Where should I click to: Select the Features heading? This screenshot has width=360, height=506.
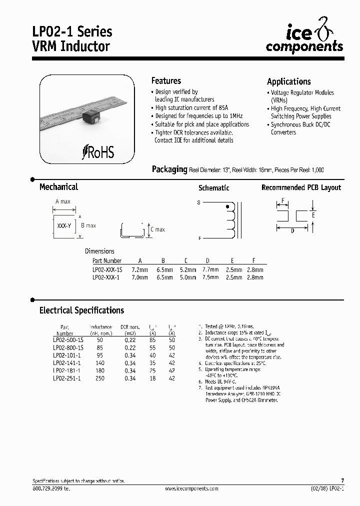[x=166, y=81]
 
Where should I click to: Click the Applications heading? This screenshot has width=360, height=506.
[x=288, y=81]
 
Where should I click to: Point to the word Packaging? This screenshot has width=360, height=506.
[x=169, y=169]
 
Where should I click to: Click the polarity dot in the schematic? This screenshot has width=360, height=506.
[x=228, y=205]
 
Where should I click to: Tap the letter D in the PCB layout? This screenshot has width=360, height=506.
[x=292, y=230]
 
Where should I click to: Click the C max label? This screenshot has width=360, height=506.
[x=157, y=229]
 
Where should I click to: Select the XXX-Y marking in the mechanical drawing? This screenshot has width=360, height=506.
[x=64, y=226]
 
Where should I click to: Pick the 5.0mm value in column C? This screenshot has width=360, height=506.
[x=187, y=277]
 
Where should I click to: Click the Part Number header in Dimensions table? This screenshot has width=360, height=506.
[x=107, y=261]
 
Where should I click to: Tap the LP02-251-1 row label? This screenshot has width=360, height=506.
[x=66, y=378]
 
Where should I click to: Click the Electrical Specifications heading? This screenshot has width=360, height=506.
[x=81, y=310]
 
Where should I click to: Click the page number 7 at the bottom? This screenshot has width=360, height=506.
[x=342, y=480]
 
